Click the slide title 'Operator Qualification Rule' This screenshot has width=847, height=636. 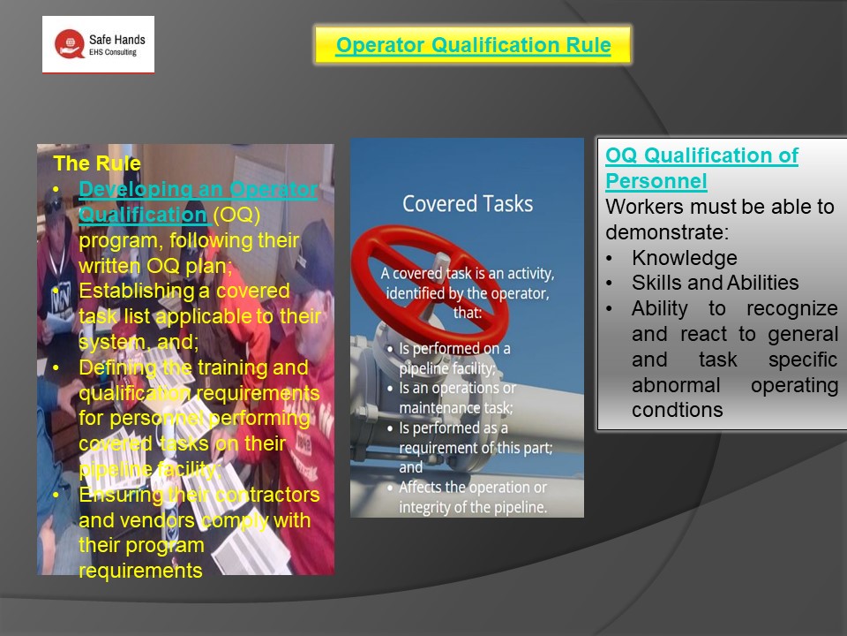(x=473, y=46)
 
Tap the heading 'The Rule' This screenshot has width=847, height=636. (x=97, y=163)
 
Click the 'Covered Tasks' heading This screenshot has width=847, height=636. (x=468, y=204)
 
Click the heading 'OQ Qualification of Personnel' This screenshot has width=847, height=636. (x=701, y=169)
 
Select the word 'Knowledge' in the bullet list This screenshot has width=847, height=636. (x=684, y=258)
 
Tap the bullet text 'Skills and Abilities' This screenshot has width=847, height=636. (x=715, y=284)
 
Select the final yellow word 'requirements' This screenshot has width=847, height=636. (x=140, y=571)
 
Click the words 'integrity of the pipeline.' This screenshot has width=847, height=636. (x=473, y=507)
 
